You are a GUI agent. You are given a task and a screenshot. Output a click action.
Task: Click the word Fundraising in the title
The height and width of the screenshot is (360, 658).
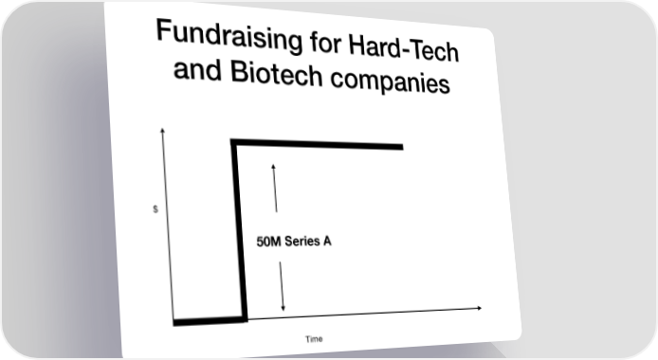pyautogui.click(x=229, y=36)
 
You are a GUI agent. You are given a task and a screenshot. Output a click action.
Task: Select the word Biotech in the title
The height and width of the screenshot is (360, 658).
pyautogui.click(x=277, y=74)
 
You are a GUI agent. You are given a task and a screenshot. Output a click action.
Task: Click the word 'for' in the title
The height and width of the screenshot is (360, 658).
pyautogui.click(x=325, y=44)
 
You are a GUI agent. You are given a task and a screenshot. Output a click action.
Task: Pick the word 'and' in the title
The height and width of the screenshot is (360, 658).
pyautogui.click(x=197, y=69)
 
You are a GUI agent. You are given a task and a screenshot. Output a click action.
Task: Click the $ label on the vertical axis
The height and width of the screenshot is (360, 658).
pyautogui.click(x=155, y=209)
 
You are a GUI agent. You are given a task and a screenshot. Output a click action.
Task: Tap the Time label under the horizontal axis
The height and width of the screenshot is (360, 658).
pyautogui.click(x=314, y=339)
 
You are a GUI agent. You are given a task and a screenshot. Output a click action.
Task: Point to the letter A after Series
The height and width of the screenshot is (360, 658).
pyautogui.click(x=326, y=242)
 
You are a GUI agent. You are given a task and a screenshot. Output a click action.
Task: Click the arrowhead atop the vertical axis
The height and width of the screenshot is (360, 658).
pyautogui.click(x=162, y=130)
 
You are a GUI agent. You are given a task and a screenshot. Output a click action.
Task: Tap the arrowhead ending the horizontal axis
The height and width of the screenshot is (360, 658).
pyautogui.click(x=479, y=308)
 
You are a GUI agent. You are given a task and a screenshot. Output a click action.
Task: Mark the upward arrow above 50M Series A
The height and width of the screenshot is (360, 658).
pyautogui.click(x=275, y=189)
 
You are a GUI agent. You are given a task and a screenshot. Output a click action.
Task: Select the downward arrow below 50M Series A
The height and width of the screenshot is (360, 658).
pyautogui.click(x=282, y=286)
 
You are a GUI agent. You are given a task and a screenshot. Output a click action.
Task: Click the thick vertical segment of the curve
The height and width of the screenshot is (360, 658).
pyautogui.click(x=239, y=230)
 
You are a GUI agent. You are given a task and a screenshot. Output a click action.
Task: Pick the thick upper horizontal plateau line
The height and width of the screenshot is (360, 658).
pyautogui.click(x=317, y=144)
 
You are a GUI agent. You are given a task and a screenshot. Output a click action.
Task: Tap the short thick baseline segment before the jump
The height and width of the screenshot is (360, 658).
pyautogui.click(x=210, y=321)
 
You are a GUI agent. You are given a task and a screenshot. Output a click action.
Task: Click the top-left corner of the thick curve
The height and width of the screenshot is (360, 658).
pyautogui.click(x=230, y=139)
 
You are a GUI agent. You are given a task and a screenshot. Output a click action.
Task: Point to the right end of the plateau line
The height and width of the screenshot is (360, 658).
pyautogui.click(x=403, y=147)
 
